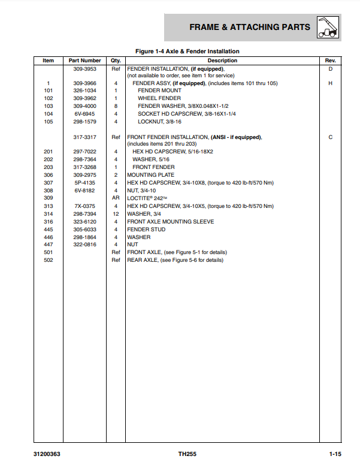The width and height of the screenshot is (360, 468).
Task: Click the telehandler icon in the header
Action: pyautogui.click(x=329, y=27)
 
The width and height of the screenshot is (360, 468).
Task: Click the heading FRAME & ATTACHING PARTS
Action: pyautogui.click(x=250, y=27)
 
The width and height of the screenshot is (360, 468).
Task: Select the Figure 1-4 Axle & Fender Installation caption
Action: pyautogui.click(x=187, y=52)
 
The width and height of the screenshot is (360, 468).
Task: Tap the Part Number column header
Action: pyautogui.click(x=85, y=61)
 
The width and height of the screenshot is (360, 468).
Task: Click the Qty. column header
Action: pyautogui.click(x=116, y=61)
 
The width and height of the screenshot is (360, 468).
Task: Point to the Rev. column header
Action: pyautogui.click(x=330, y=61)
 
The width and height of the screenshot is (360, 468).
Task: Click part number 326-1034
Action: pyautogui.click(x=85, y=90)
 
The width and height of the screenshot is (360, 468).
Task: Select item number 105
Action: pyautogui.click(x=49, y=122)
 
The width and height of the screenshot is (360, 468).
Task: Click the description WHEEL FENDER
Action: pyautogui.click(x=159, y=98)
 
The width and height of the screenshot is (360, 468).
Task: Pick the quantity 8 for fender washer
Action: pyautogui.click(x=116, y=106)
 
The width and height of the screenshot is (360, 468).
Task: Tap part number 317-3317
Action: pyautogui.click(x=85, y=137)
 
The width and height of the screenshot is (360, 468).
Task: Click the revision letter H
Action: pyautogui.click(x=330, y=83)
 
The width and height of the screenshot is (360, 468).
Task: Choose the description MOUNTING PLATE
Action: pyautogui.click(x=150, y=176)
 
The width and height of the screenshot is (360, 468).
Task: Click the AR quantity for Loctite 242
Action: pyautogui.click(x=116, y=198)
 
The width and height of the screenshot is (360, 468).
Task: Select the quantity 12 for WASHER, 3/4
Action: pyautogui.click(x=116, y=214)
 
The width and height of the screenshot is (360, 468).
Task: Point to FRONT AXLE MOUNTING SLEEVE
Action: pyautogui.click(x=170, y=222)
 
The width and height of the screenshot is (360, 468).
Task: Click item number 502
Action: pyautogui.click(x=49, y=261)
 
